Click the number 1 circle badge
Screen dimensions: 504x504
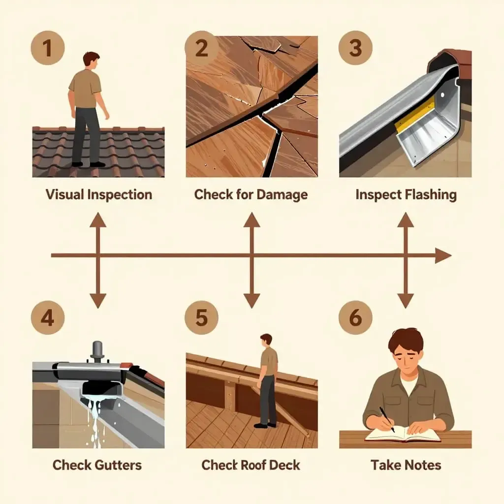point(47,48)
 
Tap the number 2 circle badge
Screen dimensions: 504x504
point(201,48)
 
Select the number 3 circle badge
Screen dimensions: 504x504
point(355,48)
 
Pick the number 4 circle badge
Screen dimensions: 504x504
point(47,317)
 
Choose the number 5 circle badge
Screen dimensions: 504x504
point(201,317)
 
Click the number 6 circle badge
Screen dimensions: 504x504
point(355,317)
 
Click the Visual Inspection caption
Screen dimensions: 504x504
point(98,194)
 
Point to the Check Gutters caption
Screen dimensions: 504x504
point(97,465)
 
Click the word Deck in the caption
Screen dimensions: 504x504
point(284,465)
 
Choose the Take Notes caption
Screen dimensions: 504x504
point(406,465)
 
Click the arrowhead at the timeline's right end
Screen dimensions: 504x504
point(444,255)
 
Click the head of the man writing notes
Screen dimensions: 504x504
point(405,345)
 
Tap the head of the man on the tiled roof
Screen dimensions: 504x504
point(91,59)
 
